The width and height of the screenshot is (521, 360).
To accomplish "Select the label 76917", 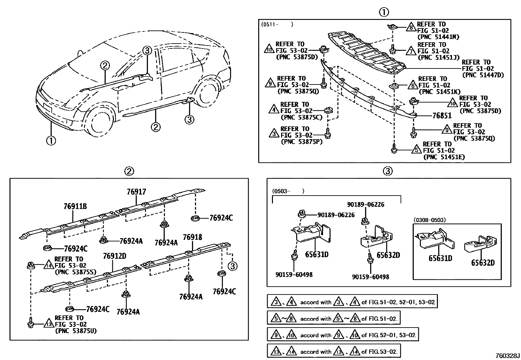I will [x=136, y=192].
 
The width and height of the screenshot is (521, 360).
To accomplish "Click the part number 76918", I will [x=192, y=237].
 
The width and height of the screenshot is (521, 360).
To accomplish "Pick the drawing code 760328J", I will [x=507, y=356].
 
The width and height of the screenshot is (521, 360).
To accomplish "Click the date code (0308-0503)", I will [x=429, y=220].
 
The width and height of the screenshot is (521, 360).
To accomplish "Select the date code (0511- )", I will [x=277, y=25].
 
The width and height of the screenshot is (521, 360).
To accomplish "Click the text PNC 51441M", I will [x=438, y=37].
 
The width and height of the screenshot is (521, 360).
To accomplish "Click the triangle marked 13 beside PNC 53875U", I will [x=48, y=324].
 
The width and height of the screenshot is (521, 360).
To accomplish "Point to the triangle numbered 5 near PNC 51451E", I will [x=416, y=150].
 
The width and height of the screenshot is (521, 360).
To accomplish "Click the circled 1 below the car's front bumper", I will [x=51, y=141].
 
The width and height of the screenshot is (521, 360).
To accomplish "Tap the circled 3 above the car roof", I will [x=147, y=50].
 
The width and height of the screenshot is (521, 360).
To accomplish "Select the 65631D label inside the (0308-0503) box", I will [x=440, y=258].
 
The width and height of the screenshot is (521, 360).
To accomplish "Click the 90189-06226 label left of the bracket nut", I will [x=336, y=215].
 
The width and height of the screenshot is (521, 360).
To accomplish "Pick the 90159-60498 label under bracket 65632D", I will [x=370, y=277].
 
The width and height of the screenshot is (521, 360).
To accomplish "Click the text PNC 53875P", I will [x=301, y=142].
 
